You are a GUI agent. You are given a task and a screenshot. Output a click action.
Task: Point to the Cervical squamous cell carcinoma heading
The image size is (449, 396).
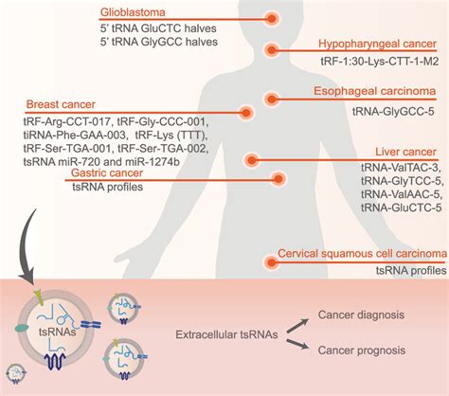coord(363,254)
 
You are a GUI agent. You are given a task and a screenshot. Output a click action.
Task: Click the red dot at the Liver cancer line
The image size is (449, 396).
coord(251,158)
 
